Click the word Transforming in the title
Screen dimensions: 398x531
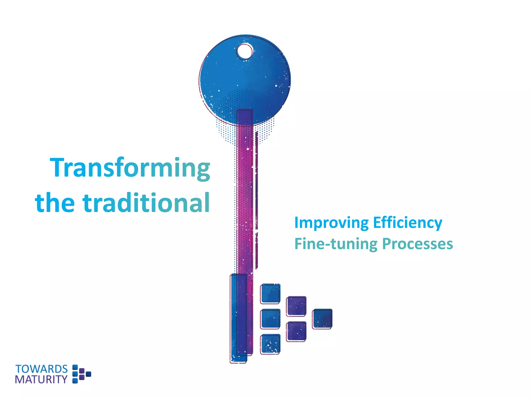tap(130, 168)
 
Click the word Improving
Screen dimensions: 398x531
tap(331, 223)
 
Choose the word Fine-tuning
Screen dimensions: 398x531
tap(336, 244)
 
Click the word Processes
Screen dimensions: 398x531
tap(417, 244)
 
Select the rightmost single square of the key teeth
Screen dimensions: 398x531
tap(322, 319)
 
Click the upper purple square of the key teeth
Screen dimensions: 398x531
tap(296, 306)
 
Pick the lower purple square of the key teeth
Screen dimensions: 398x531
tap(296, 331)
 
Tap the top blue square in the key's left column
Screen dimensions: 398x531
tap(270, 294)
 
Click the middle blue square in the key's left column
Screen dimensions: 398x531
tap(270, 319)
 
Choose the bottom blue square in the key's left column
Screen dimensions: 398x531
tap(270, 344)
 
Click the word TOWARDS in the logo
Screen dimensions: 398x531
tap(41, 369)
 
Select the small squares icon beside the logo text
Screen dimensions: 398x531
tap(81, 374)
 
